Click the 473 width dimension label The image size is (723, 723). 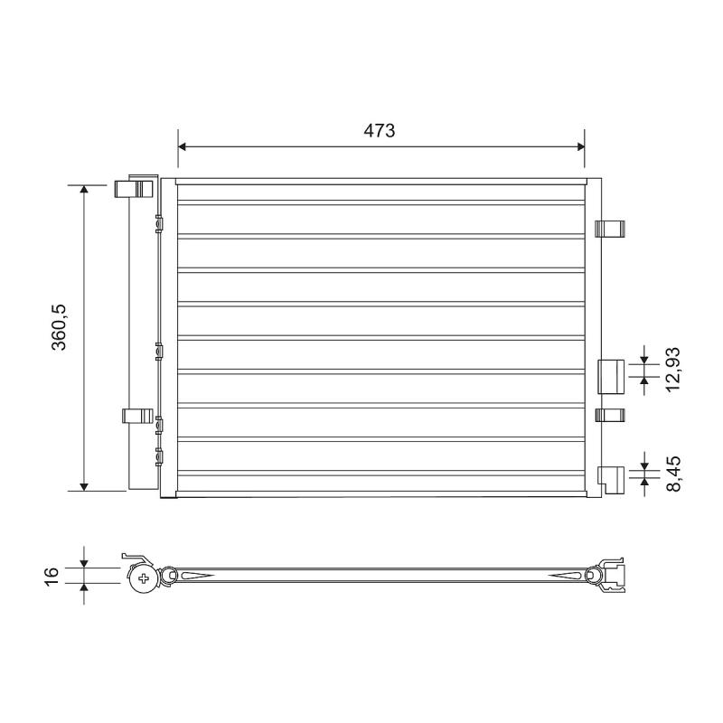[379, 131]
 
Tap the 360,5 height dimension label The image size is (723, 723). [60, 327]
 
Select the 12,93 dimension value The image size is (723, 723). [672, 369]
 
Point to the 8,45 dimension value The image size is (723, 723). [672, 474]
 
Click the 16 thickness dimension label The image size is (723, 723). [52, 577]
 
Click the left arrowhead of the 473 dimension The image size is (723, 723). [182, 146]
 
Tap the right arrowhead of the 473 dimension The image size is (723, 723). [580, 146]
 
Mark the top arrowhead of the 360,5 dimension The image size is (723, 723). [84, 189]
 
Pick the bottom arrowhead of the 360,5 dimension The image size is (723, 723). [84, 487]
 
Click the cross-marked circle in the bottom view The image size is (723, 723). [144, 578]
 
